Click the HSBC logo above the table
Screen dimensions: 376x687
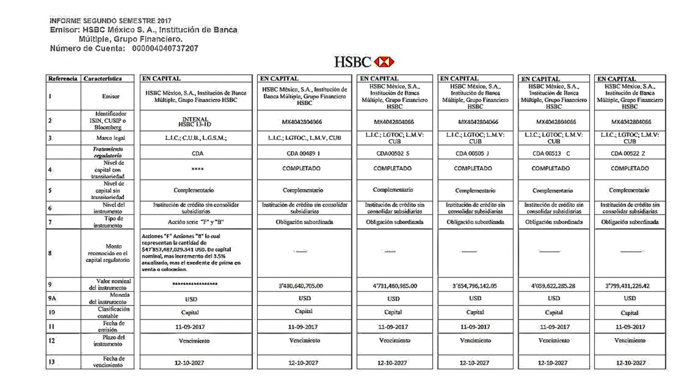365,62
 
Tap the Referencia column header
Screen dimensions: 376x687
63,79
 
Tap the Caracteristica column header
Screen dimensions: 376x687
103,79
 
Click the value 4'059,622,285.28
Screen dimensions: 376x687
553,286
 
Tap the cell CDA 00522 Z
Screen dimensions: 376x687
629,154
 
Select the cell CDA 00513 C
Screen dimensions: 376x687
553,154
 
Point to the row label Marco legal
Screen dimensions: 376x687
110,138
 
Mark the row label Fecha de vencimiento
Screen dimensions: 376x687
109,362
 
